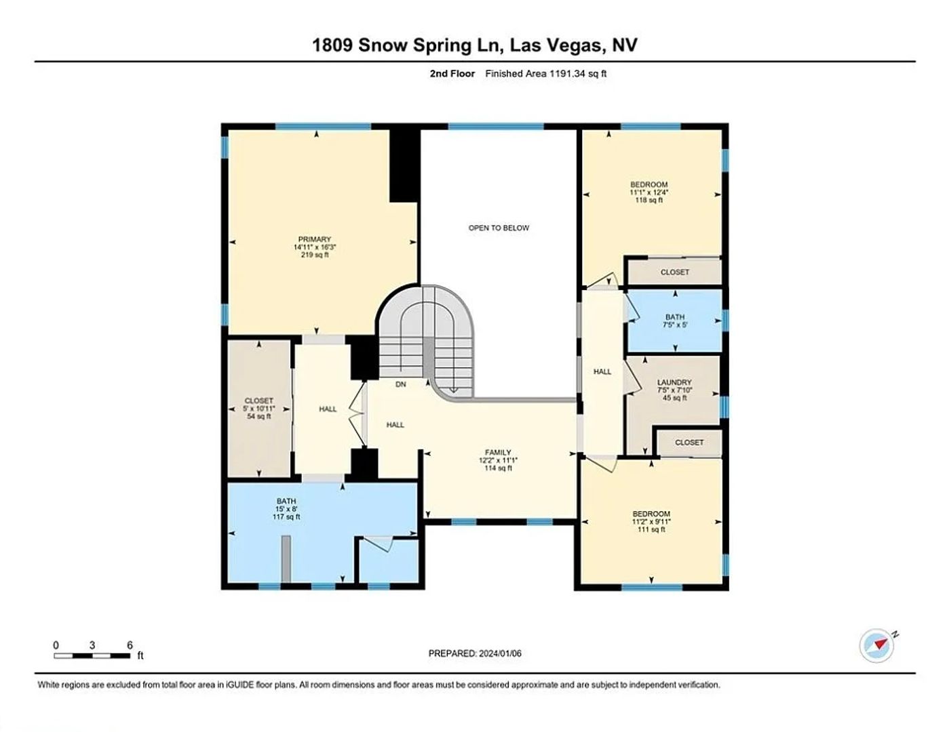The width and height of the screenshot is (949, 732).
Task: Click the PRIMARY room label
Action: pyautogui.click(x=315, y=239)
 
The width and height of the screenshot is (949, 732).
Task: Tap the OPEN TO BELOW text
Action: pyautogui.click(x=499, y=228)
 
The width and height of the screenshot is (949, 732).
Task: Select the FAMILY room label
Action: pyautogui.click(x=498, y=452)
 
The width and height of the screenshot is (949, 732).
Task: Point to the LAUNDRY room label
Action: pyautogui.click(x=675, y=382)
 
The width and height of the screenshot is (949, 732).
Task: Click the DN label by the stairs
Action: pyautogui.click(x=400, y=384)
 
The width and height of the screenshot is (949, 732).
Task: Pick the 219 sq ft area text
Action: pyautogui.click(x=315, y=255)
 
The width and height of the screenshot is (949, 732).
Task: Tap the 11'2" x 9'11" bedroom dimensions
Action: pyautogui.click(x=651, y=522)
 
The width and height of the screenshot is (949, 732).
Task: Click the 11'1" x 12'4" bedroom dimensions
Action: pyautogui.click(x=649, y=192)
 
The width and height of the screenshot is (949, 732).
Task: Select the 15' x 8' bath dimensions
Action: pyautogui.click(x=286, y=509)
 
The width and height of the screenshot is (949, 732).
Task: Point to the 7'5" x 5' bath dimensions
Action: pyautogui.click(x=675, y=325)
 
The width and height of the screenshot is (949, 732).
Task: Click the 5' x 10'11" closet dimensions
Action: pyautogui.click(x=259, y=409)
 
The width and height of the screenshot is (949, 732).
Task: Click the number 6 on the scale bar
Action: pyautogui.click(x=130, y=645)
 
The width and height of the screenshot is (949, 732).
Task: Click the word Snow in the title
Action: pyautogui.click(x=383, y=45)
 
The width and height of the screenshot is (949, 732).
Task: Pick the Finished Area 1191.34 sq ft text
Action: pyautogui.click(x=546, y=73)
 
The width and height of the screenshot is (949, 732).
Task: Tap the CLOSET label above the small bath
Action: pyautogui.click(x=675, y=272)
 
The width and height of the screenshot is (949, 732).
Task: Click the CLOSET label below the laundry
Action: pyautogui.click(x=689, y=443)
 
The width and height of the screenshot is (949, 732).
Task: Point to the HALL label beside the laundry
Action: pyautogui.click(x=602, y=371)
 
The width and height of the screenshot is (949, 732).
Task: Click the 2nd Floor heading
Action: pyautogui.click(x=452, y=73)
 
